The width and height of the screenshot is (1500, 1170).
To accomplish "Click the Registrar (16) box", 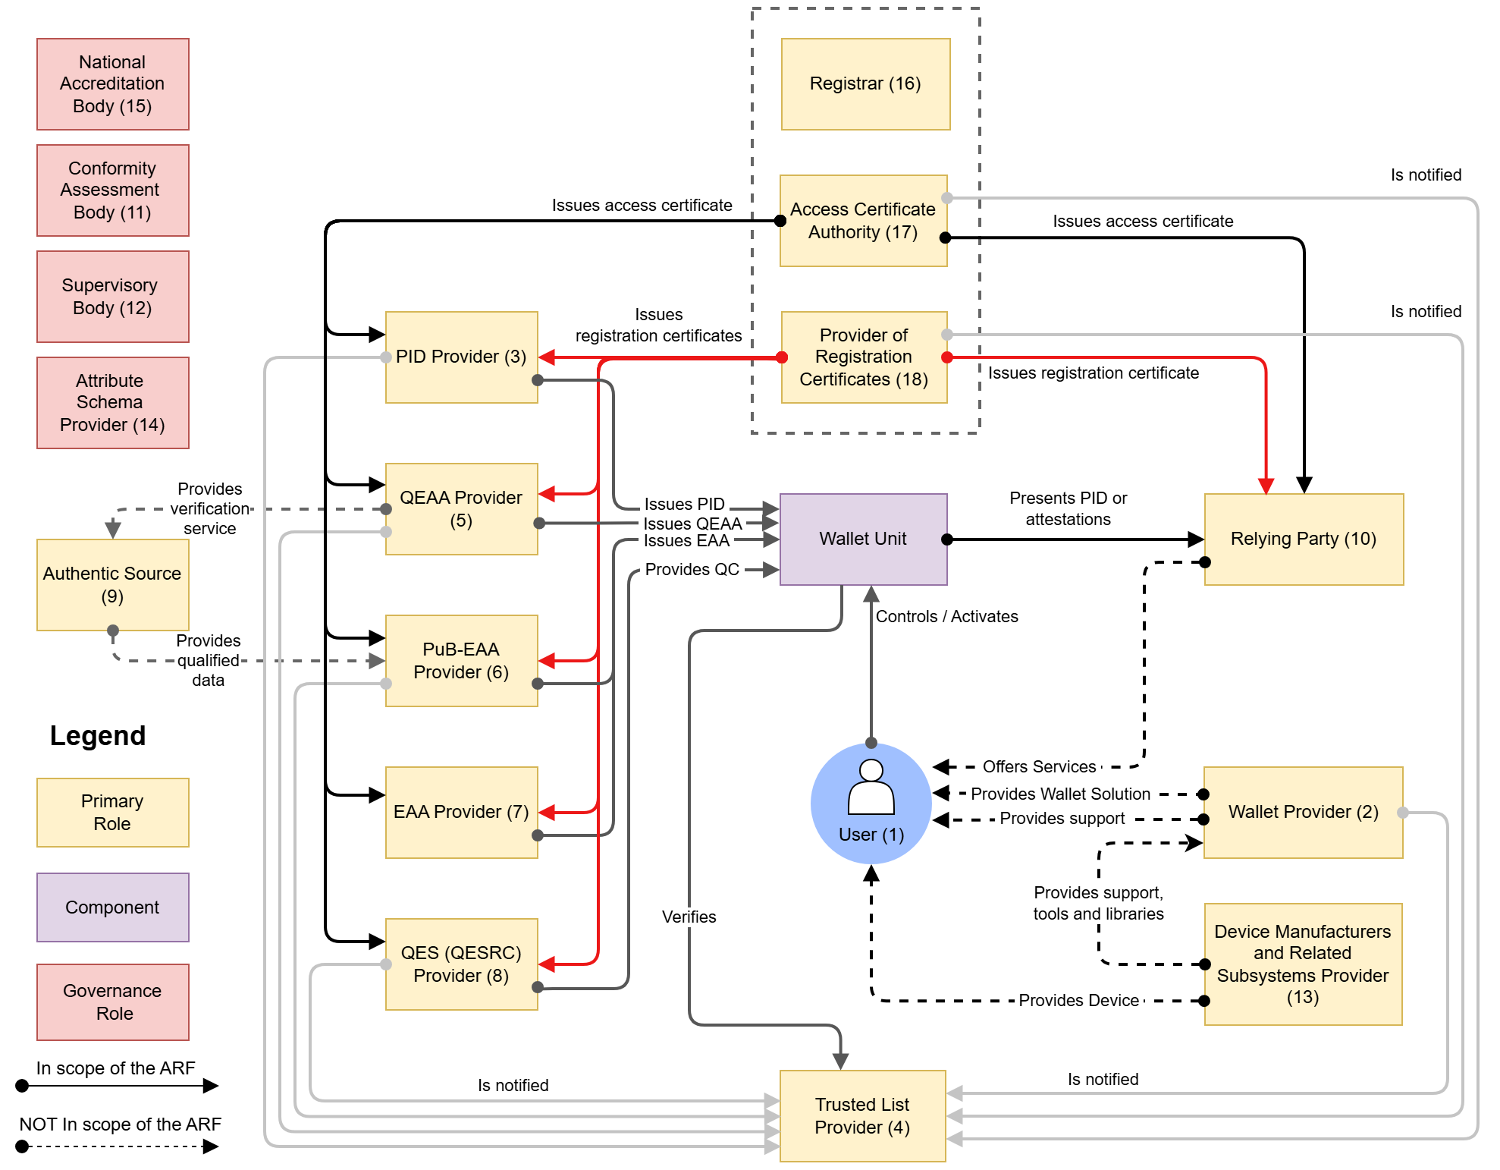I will tap(865, 84).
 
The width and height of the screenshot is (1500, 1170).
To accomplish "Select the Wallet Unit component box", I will tap(863, 539).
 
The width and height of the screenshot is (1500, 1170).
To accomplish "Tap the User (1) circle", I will tap(871, 804).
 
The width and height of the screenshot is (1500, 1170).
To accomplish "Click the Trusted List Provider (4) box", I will tap(862, 1115).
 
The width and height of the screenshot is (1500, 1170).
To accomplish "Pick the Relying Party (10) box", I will tap(1303, 539).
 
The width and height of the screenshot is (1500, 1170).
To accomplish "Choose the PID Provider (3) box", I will tap(461, 357).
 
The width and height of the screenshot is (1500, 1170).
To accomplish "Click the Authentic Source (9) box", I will tap(112, 584).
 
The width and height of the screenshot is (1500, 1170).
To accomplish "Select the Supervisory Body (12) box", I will tap(112, 297).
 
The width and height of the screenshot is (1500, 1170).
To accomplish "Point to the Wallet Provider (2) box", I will tap(1303, 812).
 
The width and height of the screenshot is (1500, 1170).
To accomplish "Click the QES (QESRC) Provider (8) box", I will tap(461, 964).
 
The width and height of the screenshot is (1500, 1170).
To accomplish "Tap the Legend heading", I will tap(98, 735).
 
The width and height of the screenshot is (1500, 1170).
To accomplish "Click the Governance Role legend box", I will tap(112, 1002).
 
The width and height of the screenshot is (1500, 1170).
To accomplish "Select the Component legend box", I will tap(112, 907).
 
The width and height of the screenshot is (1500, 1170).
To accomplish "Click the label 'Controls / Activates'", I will tap(946, 616).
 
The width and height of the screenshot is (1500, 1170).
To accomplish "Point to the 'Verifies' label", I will tap(689, 917).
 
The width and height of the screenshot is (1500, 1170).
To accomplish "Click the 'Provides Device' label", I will tap(1078, 1000).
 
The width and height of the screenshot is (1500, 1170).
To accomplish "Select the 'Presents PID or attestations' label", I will tap(1068, 508).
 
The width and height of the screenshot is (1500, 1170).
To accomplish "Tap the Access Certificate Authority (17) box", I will tap(863, 221).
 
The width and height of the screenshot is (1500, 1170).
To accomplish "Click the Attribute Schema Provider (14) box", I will tap(112, 403).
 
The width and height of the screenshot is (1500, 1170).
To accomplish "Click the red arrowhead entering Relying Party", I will tap(1266, 486).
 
